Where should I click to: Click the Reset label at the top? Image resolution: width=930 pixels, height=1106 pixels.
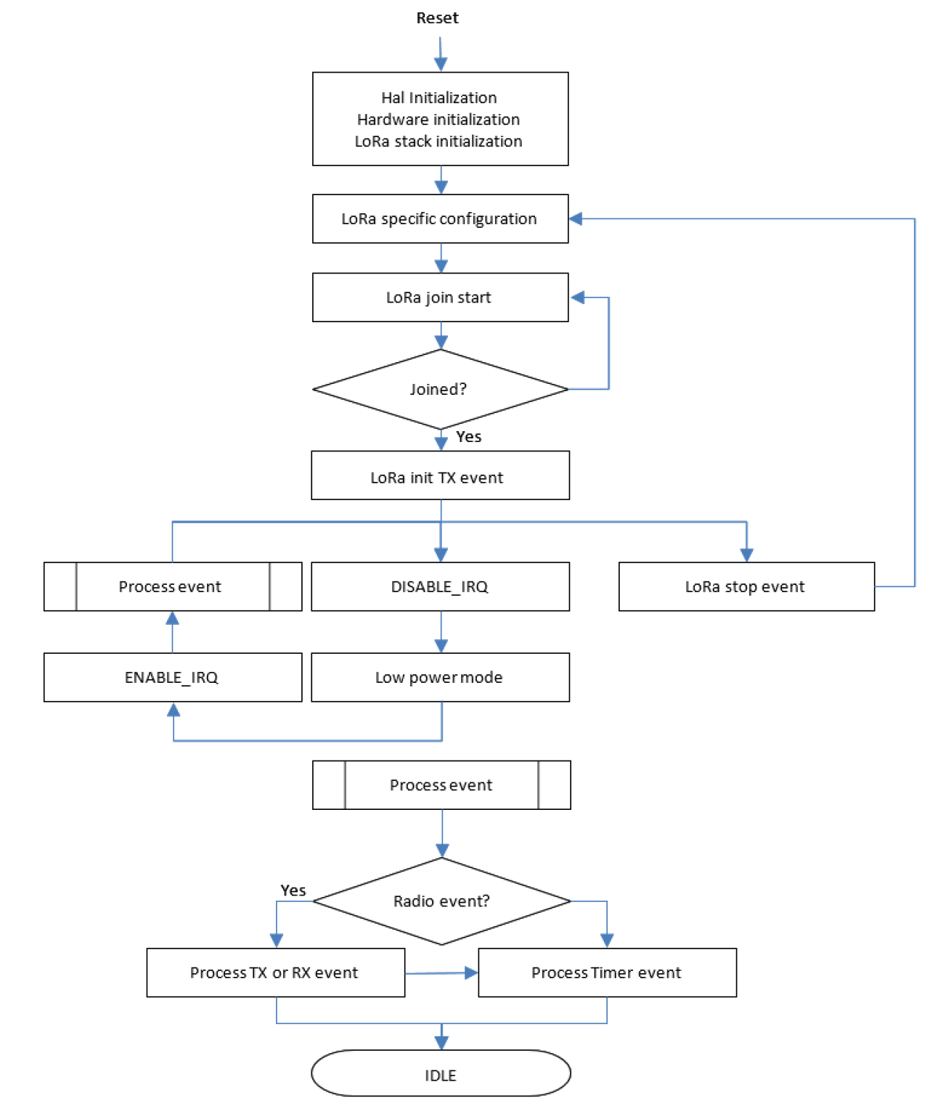click(437, 18)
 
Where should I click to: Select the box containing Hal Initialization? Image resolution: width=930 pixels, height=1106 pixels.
click(440, 119)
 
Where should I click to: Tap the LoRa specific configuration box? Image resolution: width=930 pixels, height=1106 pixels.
click(440, 218)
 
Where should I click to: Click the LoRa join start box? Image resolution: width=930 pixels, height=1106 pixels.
click(440, 298)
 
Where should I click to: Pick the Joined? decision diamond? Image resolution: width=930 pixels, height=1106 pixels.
click(440, 390)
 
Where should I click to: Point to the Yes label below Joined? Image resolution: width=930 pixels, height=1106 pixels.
click(468, 437)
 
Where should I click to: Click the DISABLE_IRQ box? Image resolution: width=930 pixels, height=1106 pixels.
click(440, 586)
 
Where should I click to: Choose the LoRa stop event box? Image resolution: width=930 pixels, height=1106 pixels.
click(746, 586)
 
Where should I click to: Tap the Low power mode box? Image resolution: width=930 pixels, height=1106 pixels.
click(440, 677)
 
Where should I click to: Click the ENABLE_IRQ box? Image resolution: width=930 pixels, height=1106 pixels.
click(172, 677)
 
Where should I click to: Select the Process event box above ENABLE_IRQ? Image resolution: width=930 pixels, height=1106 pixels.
click(172, 586)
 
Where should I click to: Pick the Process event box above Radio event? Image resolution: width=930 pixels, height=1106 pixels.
click(441, 785)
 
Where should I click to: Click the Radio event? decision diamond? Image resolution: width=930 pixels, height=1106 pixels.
click(441, 901)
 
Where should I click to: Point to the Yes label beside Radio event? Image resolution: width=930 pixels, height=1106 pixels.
click(293, 890)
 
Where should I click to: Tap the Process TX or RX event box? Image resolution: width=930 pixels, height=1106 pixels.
click(275, 972)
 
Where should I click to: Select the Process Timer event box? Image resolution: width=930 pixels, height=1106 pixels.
click(607, 972)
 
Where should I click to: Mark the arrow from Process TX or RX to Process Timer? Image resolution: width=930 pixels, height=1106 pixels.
click(441, 972)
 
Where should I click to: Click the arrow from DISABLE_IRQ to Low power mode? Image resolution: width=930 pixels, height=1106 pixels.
click(441, 631)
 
